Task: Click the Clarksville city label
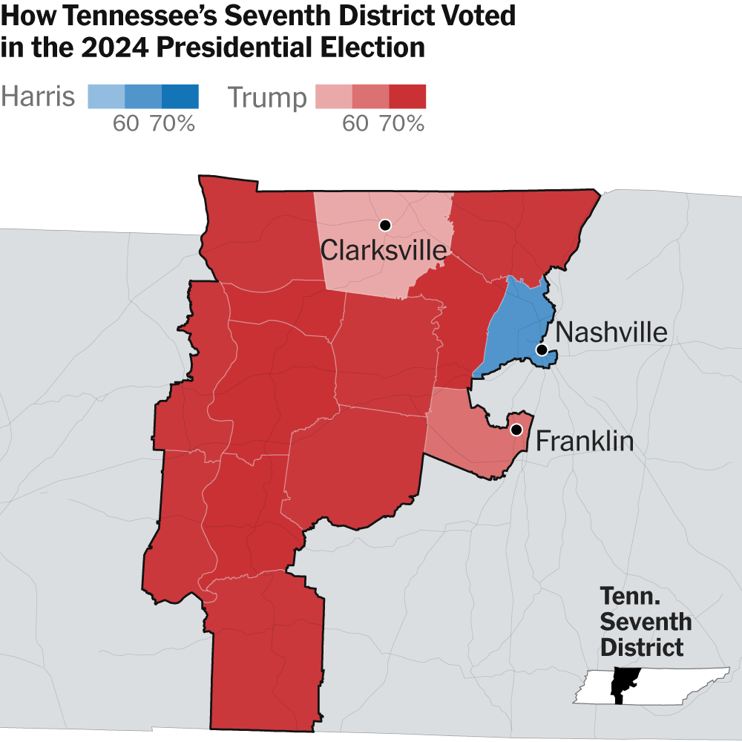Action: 384,251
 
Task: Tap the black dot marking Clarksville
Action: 384,225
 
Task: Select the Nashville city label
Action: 611,332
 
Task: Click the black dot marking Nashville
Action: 542,349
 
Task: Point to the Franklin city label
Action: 585,442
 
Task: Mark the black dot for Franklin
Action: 516,430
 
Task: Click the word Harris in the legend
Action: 38,97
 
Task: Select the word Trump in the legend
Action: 266,97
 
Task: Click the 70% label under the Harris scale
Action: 173,124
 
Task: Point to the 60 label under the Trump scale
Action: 355,124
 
